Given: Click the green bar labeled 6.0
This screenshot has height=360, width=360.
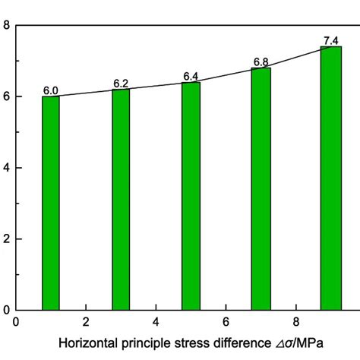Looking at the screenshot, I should [x=51, y=203].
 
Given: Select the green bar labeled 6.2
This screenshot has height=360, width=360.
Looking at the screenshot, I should [x=121, y=200].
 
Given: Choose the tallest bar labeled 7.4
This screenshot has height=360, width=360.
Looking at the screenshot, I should [x=330, y=178].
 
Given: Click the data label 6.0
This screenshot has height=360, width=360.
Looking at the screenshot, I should [x=51, y=91].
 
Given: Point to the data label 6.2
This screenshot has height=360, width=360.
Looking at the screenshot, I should [x=121, y=84].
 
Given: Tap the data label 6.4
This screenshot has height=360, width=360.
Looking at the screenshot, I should [x=191, y=77].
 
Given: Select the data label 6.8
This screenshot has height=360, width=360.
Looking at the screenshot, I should [x=261, y=62].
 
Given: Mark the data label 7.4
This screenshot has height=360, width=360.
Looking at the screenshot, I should [x=330, y=40].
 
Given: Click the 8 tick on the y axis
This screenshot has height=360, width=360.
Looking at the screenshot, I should [x=6, y=26].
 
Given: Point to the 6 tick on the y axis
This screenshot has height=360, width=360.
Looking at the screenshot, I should [x=6, y=96].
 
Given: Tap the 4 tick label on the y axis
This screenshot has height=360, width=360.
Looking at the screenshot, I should [x=6, y=168].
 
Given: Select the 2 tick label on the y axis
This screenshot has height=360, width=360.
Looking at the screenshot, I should [x=6, y=239].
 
